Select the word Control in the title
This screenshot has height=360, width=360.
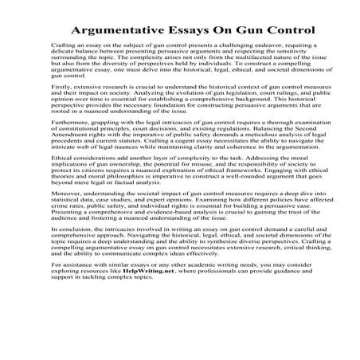tap(288, 30)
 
